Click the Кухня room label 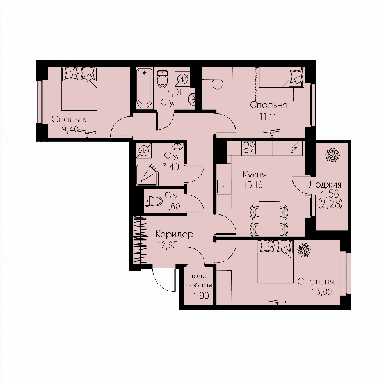coord(254,175)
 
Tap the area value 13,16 coord(253,185)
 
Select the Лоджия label coord(325,186)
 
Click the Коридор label coord(175,235)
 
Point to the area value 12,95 coord(168,244)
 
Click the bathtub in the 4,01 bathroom coord(144,89)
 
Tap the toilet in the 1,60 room coord(154,202)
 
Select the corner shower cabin coord(148,175)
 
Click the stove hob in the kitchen coord(250,148)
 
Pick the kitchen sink coord(224,186)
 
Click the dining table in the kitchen coord(269,218)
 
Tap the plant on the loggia coord(332,156)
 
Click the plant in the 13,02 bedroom coord(304,250)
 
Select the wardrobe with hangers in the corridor coord(140,240)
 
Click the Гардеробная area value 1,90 coord(201,296)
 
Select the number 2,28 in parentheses coord(330,204)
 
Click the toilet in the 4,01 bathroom coord(163,79)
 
